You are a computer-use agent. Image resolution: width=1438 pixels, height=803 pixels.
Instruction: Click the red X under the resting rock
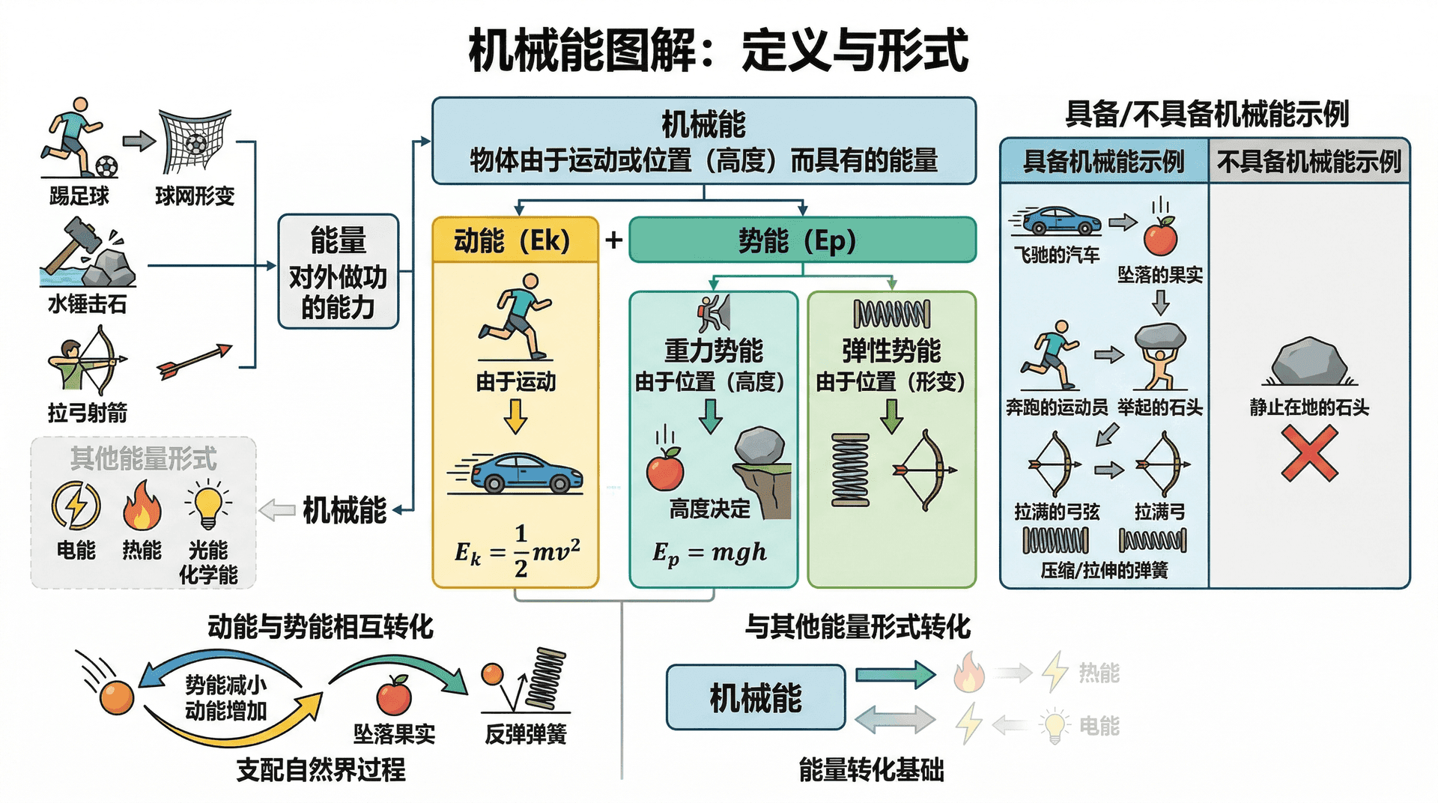(x=1308, y=453)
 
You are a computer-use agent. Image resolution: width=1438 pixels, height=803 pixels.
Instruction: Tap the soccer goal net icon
(x=194, y=141)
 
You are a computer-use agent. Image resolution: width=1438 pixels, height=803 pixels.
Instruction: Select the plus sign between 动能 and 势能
(x=613, y=240)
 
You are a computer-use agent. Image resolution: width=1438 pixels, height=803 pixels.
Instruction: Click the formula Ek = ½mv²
(x=517, y=552)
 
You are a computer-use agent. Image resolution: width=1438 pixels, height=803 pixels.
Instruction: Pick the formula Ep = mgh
(x=709, y=553)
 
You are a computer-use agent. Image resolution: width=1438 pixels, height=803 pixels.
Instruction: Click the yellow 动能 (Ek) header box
(x=515, y=240)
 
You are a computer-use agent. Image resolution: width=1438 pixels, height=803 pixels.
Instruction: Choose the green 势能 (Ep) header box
(x=802, y=240)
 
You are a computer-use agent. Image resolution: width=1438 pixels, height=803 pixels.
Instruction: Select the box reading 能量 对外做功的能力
(x=338, y=272)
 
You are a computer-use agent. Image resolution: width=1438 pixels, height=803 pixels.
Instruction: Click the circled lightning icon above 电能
(x=76, y=505)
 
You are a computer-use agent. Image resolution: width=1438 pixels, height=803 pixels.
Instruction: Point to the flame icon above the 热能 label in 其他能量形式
(x=142, y=506)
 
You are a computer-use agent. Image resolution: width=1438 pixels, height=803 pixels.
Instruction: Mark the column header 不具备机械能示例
(x=1308, y=161)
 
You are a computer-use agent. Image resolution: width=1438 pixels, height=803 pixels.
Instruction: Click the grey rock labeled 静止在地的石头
(x=1308, y=363)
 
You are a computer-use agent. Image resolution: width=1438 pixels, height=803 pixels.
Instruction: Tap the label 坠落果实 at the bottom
(x=394, y=734)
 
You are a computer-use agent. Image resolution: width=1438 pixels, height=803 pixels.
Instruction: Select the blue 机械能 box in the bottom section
(x=755, y=697)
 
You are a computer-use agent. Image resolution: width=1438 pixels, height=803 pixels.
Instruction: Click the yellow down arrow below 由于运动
(x=515, y=416)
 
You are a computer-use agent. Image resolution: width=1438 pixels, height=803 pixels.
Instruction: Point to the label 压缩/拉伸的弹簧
(x=1104, y=571)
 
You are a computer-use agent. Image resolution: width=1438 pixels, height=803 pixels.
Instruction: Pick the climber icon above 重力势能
(x=713, y=313)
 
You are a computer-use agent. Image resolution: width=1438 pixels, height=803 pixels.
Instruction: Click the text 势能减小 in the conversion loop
(x=225, y=685)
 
